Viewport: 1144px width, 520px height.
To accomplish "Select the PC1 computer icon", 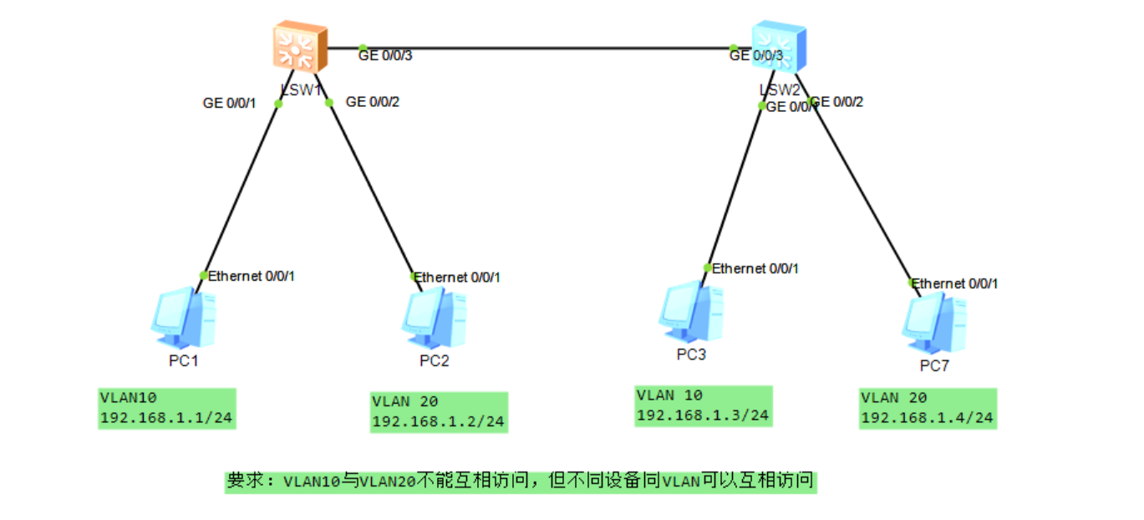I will (x=186, y=319).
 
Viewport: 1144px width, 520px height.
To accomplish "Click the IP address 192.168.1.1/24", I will (x=165, y=417).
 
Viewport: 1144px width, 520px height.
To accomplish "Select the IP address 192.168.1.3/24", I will (x=702, y=415).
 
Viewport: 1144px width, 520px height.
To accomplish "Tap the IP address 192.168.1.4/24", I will (x=927, y=417).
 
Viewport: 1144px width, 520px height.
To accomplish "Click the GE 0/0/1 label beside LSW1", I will (x=230, y=104).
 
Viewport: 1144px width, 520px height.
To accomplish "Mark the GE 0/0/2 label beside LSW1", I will (x=373, y=102).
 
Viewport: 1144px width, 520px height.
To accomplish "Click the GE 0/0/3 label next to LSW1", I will (x=385, y=56).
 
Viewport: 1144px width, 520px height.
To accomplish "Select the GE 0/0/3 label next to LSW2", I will (x=756, y=56).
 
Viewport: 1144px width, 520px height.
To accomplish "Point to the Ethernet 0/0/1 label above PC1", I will (x=251, y=276).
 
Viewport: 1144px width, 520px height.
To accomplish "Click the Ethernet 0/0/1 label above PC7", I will (x=954, y=283).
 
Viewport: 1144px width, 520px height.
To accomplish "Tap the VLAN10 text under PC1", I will (x=128, y=397).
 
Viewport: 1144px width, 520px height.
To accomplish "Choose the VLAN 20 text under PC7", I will (x=893, y=397).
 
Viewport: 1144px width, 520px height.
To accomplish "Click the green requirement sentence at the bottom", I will (x=520, y=481).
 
